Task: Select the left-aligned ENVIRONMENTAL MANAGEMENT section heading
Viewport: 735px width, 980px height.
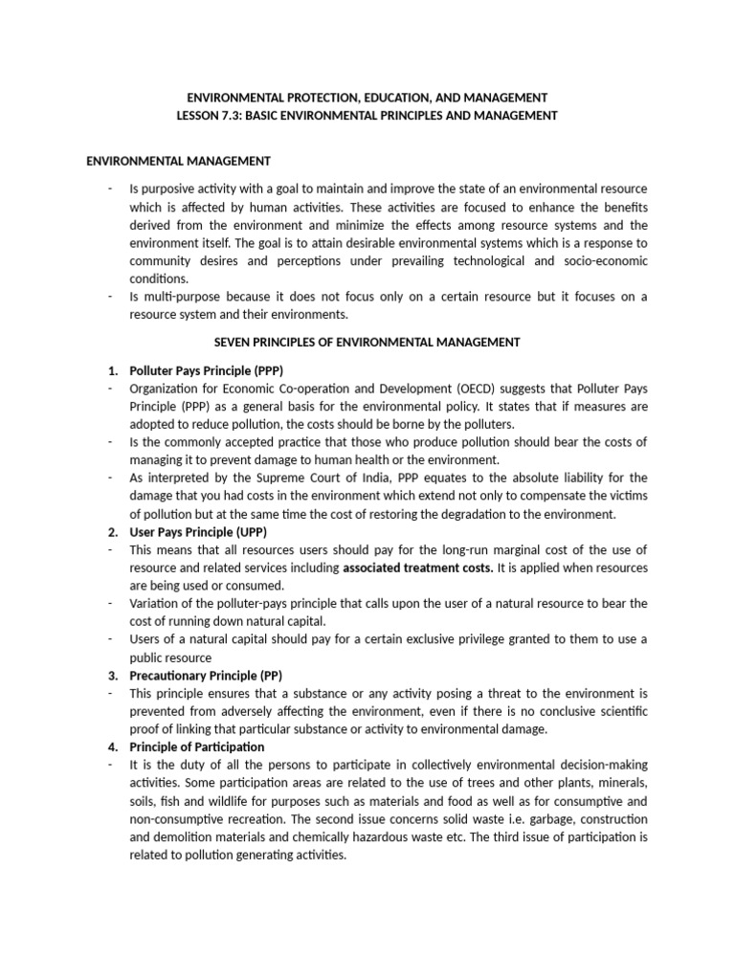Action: pos(178,161)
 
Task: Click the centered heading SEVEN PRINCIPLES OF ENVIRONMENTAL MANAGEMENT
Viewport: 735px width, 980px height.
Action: pos(367,342)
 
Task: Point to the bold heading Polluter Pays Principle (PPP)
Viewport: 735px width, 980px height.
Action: pos(207,369)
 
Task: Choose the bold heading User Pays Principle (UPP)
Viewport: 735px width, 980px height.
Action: pos(198,531)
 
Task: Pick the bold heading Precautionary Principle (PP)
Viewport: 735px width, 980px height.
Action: pos(206,675)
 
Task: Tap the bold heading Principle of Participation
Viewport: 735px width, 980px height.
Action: pos(197,746)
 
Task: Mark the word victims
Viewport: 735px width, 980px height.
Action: pos(626,496)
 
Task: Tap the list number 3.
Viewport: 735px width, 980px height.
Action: pos(111,675)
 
